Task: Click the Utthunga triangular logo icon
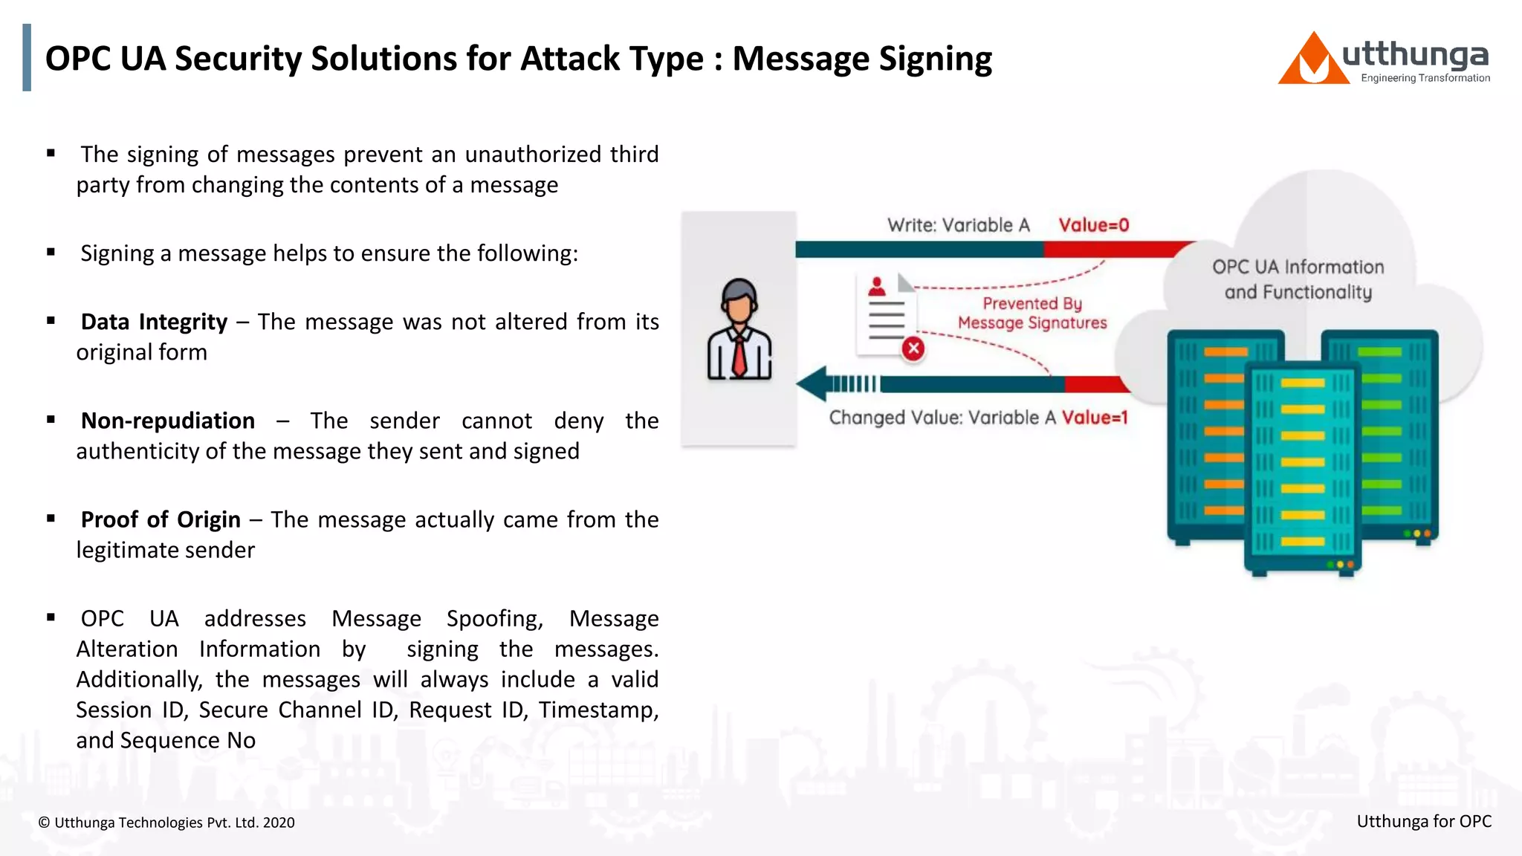coord(1313,61)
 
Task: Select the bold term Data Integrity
coord(154,322)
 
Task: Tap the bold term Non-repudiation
coord(168,421)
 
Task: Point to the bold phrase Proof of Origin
coord(161,519)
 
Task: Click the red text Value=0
coord(1093,225)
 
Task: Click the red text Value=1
coord(1095,418)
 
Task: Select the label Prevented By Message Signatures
coord(1032,313)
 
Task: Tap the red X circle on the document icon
coord(913,348)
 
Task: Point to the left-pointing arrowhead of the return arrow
coord(812,383)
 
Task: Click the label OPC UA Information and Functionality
coord(1298,279)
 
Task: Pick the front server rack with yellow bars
coord(1303,468)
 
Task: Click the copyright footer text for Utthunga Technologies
coord(166,823)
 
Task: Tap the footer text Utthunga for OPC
coord(1423,821)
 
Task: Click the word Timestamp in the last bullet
coord(598,710)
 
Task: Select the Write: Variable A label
coord(958,225)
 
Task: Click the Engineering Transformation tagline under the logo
coord(1425,78)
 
